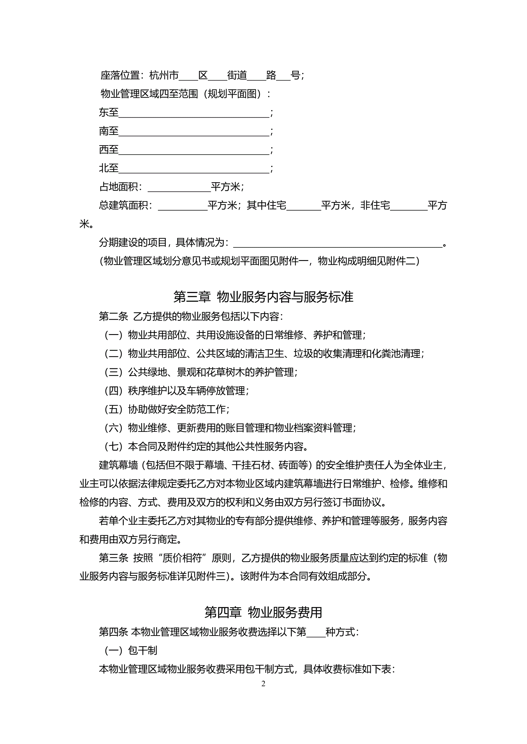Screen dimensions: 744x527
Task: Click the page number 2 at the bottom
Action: [263, 684]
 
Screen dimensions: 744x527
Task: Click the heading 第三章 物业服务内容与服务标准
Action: [263, 296]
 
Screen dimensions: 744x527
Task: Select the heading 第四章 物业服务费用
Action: [263, 612]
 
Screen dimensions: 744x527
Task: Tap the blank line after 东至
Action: [194, 114]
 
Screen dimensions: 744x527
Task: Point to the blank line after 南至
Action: [194, 132]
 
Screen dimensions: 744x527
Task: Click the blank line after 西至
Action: [194, 150]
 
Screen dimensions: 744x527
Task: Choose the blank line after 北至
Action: [194, 169]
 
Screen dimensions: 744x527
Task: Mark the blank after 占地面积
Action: [179, 188]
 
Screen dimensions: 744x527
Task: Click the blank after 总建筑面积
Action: [183, 206]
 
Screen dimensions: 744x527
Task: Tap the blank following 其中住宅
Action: [304, 206]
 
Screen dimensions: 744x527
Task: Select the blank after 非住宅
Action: [409, 206]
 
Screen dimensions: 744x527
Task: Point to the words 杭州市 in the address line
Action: [164, 75]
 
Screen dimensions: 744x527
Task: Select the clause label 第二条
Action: [114, 316]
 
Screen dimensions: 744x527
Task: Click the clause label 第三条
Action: [114, 558]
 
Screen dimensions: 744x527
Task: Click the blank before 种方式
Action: [316, 632]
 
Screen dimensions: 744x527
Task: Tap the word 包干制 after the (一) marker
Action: [143, 650]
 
